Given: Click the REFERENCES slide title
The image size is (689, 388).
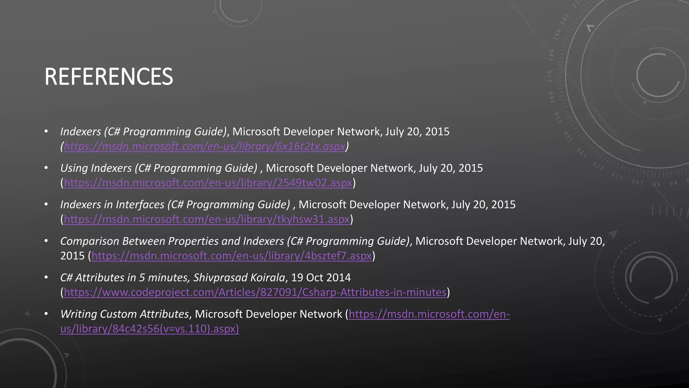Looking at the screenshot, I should point(109,77).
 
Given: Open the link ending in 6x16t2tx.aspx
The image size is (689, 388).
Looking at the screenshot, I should point(205,146).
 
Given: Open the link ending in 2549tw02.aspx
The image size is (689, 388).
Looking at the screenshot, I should point(208,183).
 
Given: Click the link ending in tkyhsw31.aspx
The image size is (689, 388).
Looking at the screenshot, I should point(207,219).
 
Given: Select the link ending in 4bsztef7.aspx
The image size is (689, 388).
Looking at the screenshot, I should point(231,256).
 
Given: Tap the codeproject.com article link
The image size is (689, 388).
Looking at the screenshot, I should point(255,292).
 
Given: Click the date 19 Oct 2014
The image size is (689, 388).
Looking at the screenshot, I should point(321,278).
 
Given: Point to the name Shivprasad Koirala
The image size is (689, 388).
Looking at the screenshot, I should point(239,278).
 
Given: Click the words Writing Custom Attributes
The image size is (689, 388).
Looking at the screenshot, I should point(124,314).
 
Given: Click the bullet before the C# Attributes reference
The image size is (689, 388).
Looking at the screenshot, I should point(46,278).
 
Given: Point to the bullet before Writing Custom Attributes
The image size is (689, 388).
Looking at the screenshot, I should point(46,314).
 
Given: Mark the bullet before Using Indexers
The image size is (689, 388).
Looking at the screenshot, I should point(46,168).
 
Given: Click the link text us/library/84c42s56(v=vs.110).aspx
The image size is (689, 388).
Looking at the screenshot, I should point(149,329).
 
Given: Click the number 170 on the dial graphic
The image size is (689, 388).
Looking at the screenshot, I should point(550,76).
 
